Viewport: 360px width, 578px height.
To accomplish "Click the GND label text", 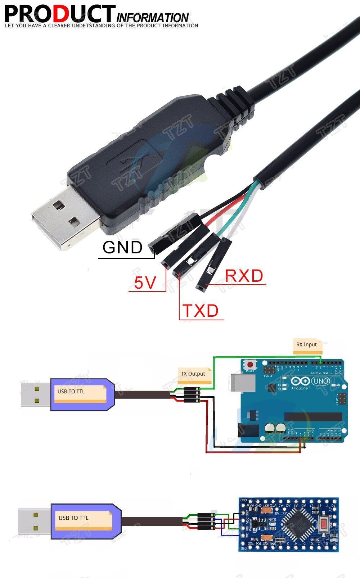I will coord(122,248).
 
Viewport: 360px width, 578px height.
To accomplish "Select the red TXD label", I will coord(201,311).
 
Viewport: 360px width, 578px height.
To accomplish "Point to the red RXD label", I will coord(244,276).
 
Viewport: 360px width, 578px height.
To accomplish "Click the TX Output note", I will coord(193,374).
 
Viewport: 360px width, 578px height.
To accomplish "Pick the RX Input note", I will coord(307,344).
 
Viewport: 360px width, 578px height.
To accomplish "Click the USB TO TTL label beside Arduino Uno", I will coord(71,391).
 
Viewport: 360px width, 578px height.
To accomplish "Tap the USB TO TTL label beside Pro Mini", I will coord(73,518).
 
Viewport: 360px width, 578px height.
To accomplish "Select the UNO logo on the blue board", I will coord(320,381).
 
